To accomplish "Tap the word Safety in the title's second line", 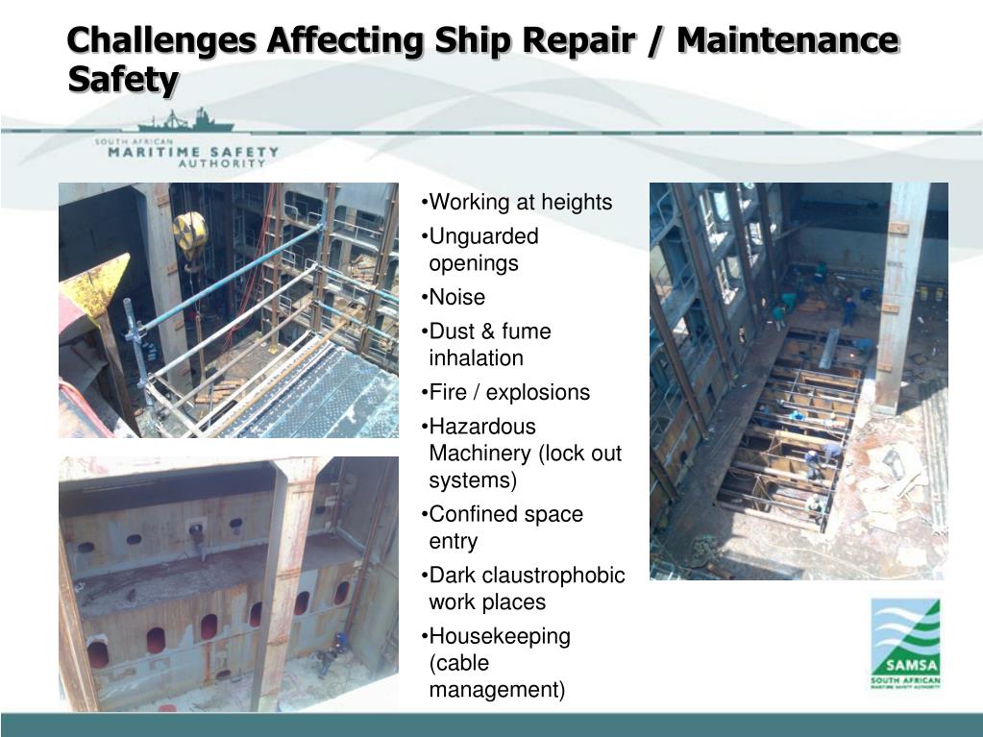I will point(123,80).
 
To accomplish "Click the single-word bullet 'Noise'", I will point(456,297).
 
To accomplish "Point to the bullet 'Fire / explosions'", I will point(509,392).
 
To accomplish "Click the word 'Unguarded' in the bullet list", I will point(483,236).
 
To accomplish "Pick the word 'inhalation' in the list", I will point(476,358).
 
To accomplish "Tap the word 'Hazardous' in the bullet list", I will point(482,427).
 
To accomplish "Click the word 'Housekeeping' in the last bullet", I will point(500,636).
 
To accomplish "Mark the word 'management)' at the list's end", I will point(497,690).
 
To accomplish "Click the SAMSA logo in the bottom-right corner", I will point(905,643).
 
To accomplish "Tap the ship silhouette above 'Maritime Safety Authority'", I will point(185,122).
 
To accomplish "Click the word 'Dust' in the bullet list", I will point(451,332).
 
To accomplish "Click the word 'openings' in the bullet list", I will point(474,263).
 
